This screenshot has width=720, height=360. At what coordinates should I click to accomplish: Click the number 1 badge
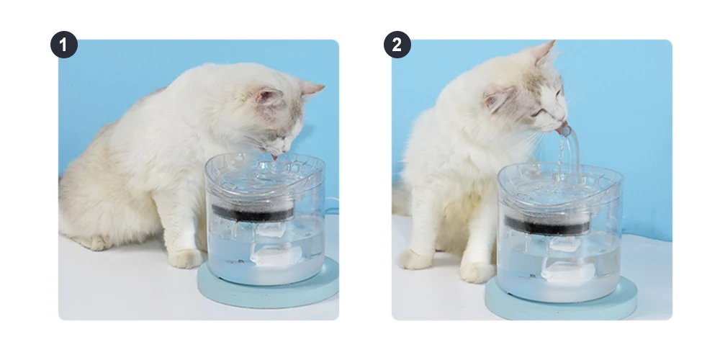64,45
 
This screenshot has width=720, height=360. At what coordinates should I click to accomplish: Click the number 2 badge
397,45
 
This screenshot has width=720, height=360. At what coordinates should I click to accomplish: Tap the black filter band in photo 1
253,213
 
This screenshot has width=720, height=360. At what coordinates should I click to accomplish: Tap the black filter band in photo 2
547,225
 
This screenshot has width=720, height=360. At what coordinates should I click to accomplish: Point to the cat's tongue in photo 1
274,157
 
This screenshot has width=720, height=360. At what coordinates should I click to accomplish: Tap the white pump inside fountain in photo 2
570,262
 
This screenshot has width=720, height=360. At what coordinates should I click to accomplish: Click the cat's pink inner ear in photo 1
269,96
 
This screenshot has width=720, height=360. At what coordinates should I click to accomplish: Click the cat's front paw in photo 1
185,259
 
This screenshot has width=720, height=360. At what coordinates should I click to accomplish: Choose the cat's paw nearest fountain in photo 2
477,272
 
